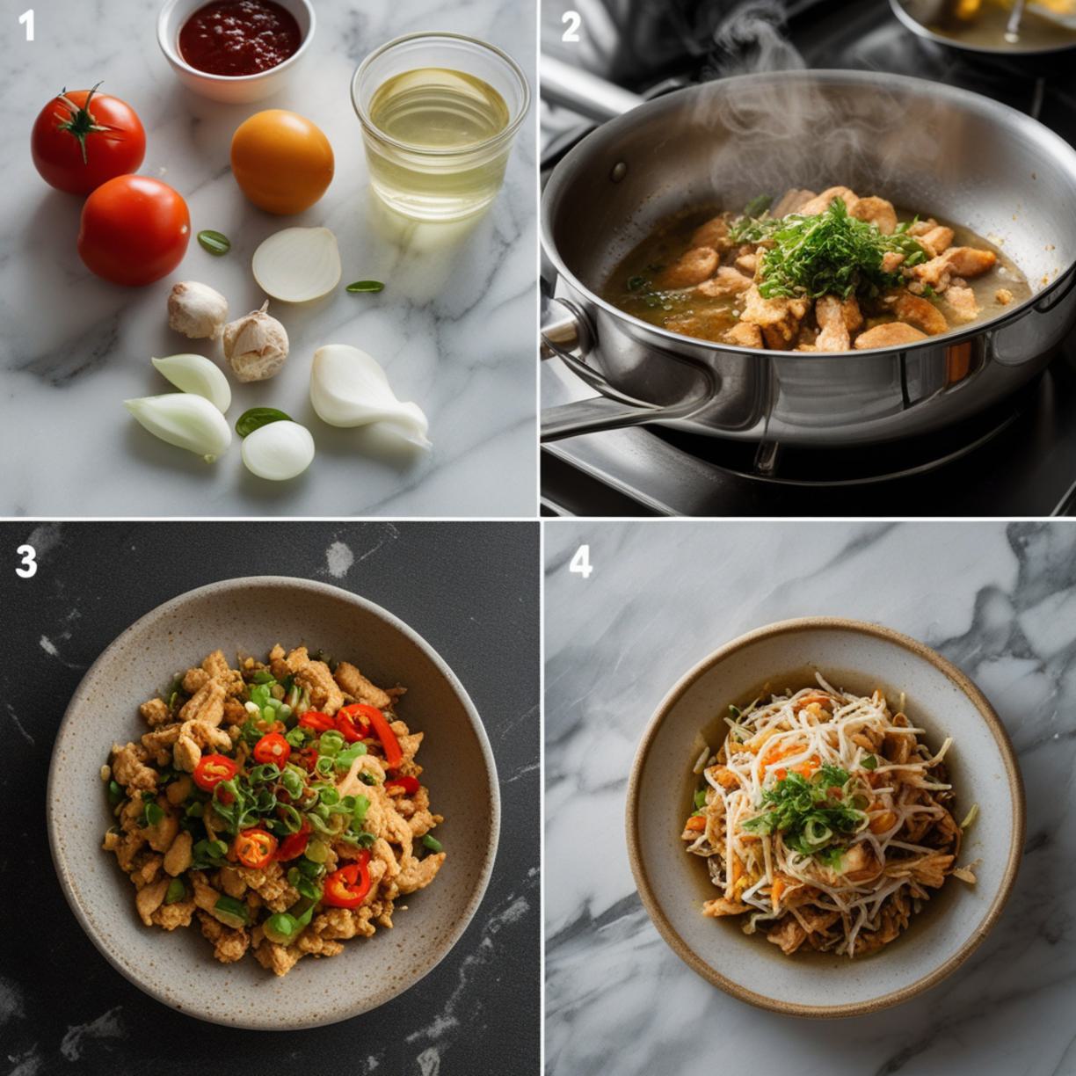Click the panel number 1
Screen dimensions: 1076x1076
25,25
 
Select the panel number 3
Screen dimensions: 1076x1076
25,561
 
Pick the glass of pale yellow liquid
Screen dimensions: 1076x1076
440,127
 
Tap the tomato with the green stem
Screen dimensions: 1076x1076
88,141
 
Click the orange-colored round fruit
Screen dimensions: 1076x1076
282,162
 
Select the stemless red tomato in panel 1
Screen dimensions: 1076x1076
134,229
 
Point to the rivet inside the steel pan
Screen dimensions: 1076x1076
618,172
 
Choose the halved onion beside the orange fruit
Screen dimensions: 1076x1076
296,264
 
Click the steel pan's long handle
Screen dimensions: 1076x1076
625,411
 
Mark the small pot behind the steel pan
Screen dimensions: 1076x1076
983,22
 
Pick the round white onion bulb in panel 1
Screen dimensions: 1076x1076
278,450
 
